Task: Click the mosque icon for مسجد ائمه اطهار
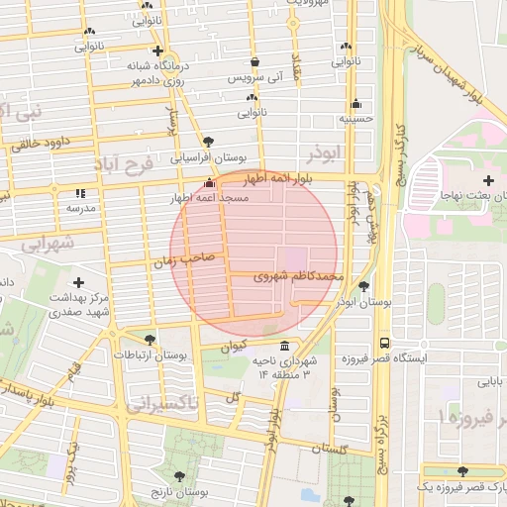(x=208, y=183)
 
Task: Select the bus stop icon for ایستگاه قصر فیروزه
(x=383, y=343)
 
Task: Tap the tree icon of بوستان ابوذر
(x=364, y=286)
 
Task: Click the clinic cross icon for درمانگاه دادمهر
(x=156, y=51)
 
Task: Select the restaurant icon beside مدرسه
(x=80, y=192)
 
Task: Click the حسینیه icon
(x=355, y=103)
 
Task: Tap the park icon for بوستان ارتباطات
(x=150, y=339)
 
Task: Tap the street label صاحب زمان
(x=178, y=260)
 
